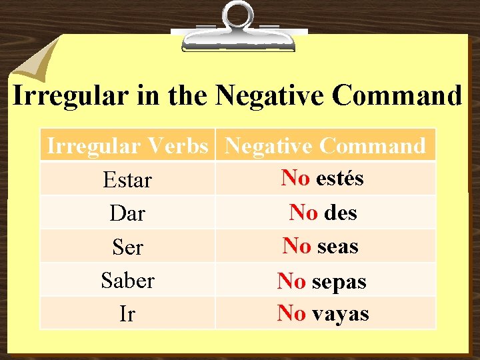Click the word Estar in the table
127,181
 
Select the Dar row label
127,214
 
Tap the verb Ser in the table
127,247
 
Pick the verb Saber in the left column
127,281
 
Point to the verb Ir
127,314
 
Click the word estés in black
339,178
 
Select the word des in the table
341,213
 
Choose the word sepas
339,282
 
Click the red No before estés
295,178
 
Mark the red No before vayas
291,313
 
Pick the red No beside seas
297,246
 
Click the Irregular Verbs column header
127,145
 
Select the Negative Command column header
325,145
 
